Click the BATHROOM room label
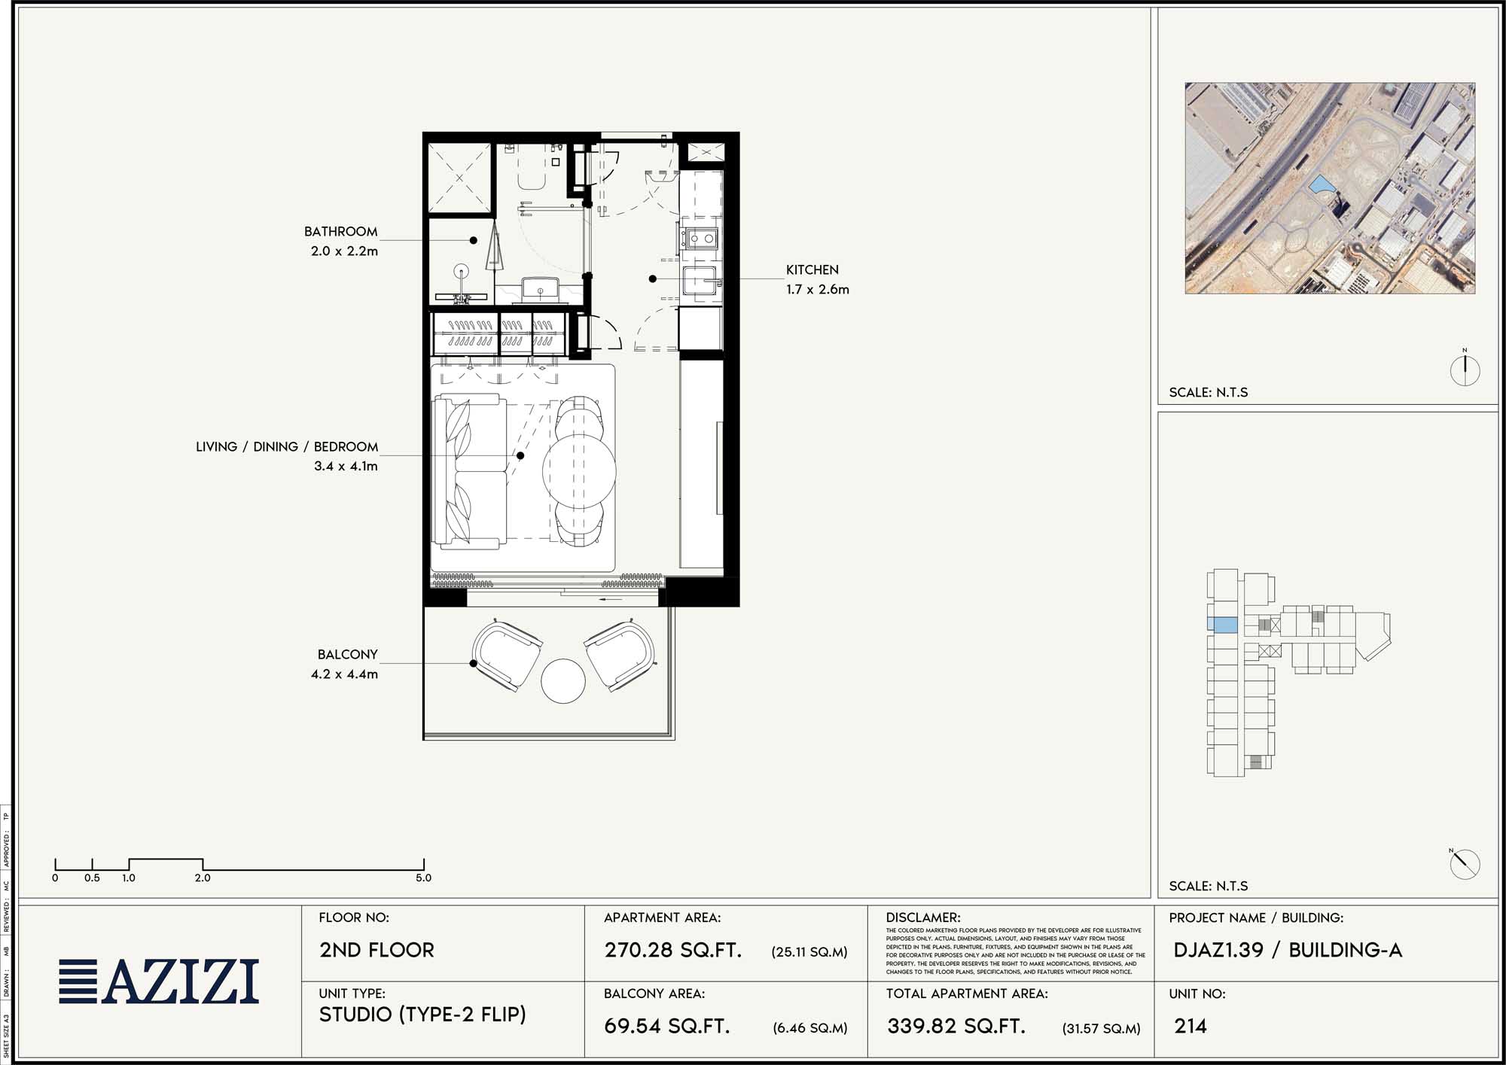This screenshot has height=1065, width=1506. (x=340, y=232)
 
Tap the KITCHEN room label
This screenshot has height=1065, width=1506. (x=812, y=269)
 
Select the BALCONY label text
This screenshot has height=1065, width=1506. (x=347, y=655)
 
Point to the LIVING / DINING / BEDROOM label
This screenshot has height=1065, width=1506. (x=287, y=447)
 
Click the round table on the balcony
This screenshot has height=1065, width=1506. (x=562, y=681)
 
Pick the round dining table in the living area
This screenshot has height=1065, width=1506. (x=579, y=470)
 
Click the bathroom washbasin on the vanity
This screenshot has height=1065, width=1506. (x=540, y=288)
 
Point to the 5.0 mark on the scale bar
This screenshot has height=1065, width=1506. (x=423, y=878)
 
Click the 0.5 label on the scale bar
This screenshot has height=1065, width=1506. (x=92, y=878)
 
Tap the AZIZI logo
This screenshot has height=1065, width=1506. (x=159, y=981)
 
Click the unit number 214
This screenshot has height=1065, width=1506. (x=1190, y=1026)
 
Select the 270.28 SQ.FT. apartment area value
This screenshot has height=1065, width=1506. (x=672, y=950)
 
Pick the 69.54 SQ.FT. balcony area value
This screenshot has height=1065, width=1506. (x=666, y=1026)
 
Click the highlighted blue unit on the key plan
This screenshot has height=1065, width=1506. (x=1222, y=624)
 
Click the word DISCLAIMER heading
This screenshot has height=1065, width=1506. (x=922, y=917)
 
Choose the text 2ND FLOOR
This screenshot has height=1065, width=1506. (x=376, y=950)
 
